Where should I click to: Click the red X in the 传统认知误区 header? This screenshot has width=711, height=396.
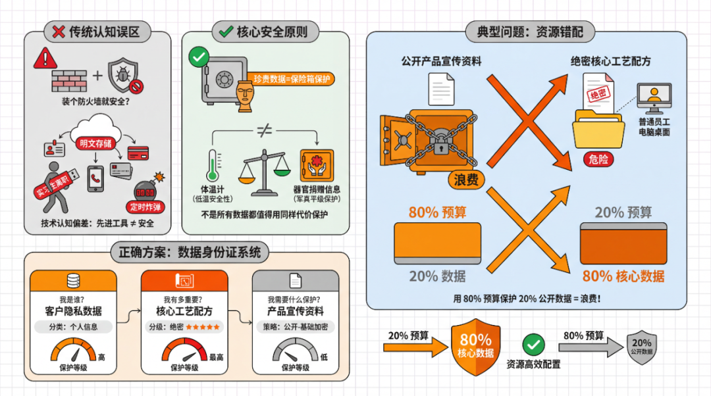pos(58,31)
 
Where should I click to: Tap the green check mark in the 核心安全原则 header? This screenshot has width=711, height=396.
pos(226,31)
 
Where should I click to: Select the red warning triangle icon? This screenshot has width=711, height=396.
pos(45,58)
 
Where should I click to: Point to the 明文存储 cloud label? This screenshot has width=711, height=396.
pos(96,143)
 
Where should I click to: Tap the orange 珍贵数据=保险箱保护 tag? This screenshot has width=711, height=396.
pos(294,79)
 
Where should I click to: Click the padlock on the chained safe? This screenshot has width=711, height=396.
pos(439,146)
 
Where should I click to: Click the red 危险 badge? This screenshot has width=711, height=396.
pos(598,159)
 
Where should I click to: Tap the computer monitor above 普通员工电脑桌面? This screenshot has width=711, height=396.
pos(653,99)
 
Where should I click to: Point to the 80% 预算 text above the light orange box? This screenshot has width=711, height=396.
pos(437,212)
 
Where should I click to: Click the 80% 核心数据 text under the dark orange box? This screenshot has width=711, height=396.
pos(623,276)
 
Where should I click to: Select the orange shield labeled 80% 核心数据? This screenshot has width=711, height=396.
pos(475,346)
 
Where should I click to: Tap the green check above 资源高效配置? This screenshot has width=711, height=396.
pos(533,343)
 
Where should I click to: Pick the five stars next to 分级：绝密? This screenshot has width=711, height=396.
pos(203,327)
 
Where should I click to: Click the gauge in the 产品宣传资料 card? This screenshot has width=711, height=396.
pos(294,350)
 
